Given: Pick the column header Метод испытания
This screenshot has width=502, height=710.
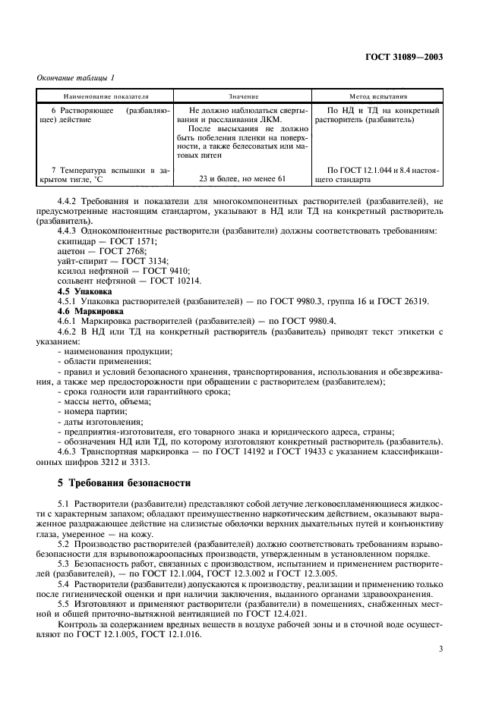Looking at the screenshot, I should [x=377, y=97].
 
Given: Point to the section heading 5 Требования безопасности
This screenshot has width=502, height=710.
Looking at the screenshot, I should [x=125, y=482].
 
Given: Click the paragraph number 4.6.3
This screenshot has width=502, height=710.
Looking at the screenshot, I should [x=71, y=451].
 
